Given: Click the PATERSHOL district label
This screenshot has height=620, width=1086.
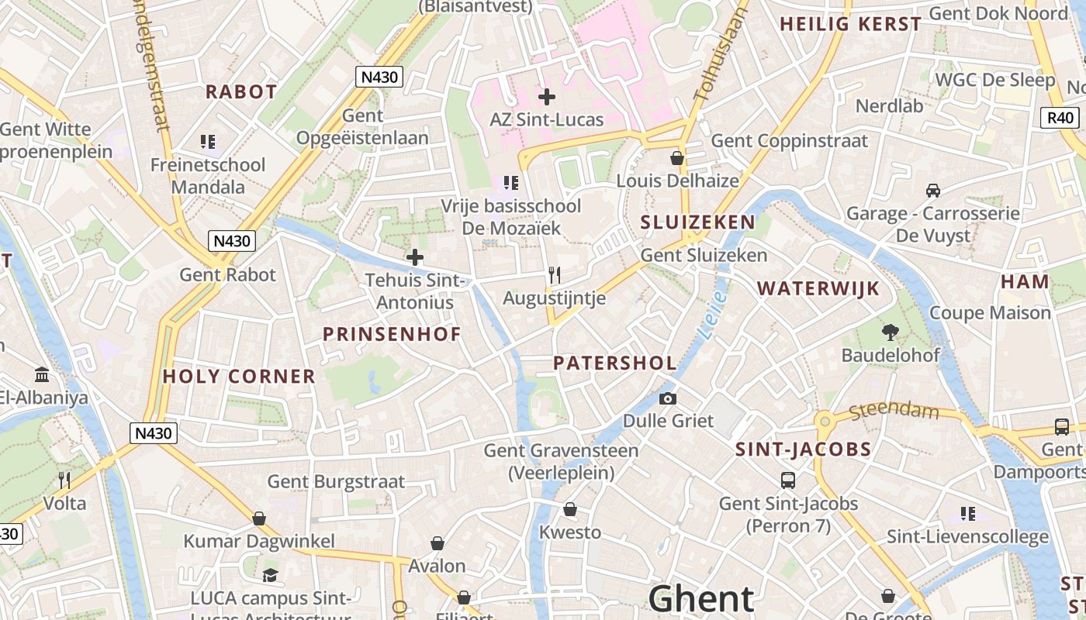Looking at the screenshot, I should click(x=614, y=363).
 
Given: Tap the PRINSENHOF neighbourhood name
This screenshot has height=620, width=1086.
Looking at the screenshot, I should click(x=392, y=334).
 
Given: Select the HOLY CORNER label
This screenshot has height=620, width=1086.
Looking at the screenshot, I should click(x=239, y=377).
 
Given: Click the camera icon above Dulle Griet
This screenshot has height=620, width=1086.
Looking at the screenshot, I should click(x=667, y=398).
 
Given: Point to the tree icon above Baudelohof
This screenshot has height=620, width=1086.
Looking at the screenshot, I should click(x=891, y=332).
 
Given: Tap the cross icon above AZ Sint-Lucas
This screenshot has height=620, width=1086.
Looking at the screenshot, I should click(x=547, y=97).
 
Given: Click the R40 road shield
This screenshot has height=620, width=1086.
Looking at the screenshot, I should click(x=1060, y=118).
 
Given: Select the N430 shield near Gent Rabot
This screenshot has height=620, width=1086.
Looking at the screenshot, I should click(x=232, y=241).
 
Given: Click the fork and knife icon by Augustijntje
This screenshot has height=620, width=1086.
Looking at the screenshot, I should click(x=554, y=275).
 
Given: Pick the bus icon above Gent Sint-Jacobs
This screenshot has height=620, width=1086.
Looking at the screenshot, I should click(x=788, y=480).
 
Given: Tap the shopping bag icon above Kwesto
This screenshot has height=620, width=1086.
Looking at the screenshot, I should click(x=570, y=509).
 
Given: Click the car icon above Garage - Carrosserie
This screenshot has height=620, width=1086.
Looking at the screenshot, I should click(x=933, y=190).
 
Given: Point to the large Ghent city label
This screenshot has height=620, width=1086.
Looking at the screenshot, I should click(x=700, y=599).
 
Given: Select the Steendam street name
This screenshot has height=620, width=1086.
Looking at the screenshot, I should click(x=894, y=411).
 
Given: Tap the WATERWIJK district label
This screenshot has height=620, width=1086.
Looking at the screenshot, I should click(x=818, y=289).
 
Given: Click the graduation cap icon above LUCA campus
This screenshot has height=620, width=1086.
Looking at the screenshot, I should click(x=270, y=575).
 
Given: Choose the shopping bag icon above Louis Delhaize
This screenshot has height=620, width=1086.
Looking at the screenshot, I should click(x=677, y=158).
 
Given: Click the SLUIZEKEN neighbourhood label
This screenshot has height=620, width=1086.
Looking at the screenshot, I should click(x=697, y=222).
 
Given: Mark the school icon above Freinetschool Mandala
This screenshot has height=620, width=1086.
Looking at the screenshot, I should click(x=207, y=142).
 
